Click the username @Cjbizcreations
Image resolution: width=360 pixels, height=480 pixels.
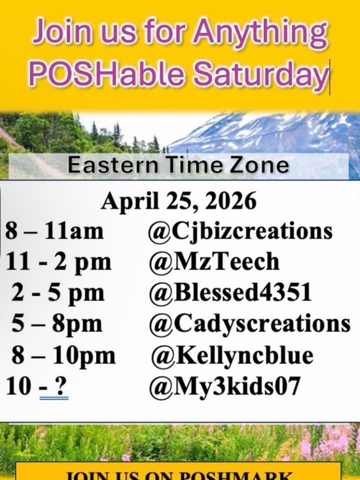(x=240, y=232)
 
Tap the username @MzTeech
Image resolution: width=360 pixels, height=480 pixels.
(x=214, y=262)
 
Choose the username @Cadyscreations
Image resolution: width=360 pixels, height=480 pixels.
(x=249, y=324)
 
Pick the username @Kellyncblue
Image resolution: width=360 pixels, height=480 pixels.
(x=232, y=356)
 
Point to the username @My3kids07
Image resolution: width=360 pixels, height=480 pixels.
(x=225, y=386)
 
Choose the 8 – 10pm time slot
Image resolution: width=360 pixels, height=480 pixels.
(x=63, y=356)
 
